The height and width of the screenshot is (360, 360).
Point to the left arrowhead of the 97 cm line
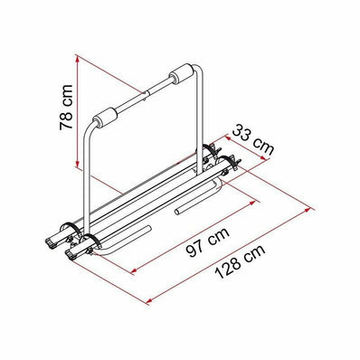pyautogui.click(x=135, y=269)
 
